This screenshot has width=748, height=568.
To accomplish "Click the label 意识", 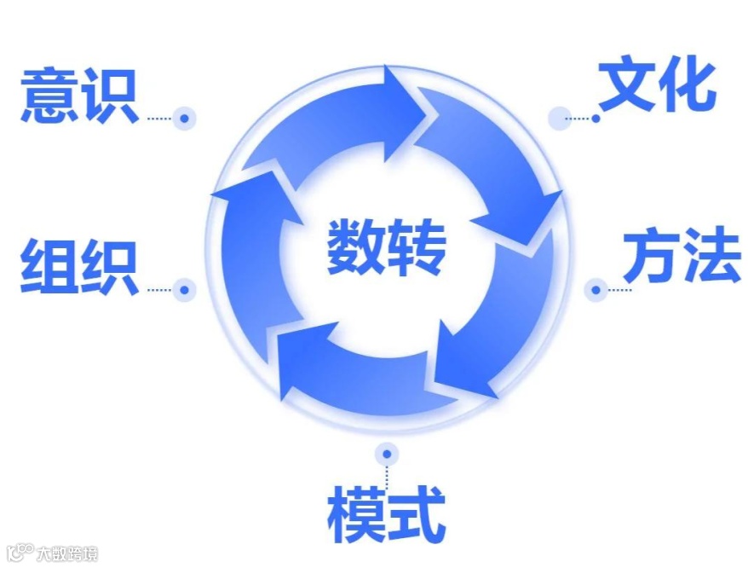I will coord(78,96).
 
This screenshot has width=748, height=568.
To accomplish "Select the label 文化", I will coord(656,87).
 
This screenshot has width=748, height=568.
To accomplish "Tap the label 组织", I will coord(78,268).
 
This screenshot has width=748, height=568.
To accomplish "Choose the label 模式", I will coord(386,514).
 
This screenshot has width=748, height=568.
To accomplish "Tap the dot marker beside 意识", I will coord(184,119).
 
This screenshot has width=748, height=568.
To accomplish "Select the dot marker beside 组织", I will coord(184,290).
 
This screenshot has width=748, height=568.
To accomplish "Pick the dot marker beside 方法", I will coord(596,290).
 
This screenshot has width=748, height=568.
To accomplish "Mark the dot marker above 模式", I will coord(387,453).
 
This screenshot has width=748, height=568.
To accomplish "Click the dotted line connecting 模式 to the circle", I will coord(387,474).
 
